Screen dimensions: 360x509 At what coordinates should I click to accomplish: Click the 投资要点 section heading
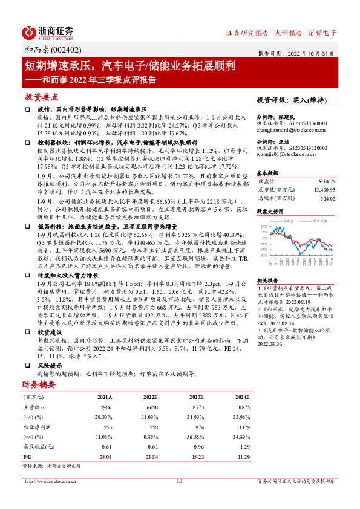point(42,97)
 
